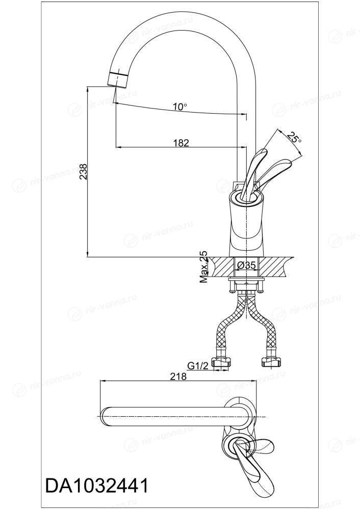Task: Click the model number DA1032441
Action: pos(97,486)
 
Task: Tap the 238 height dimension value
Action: pos(84,171)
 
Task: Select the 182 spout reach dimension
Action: pos(181,143)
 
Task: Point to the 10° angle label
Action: pos(179,106)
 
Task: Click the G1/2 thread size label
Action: pos(197,366)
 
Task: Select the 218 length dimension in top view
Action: pos(178,377)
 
